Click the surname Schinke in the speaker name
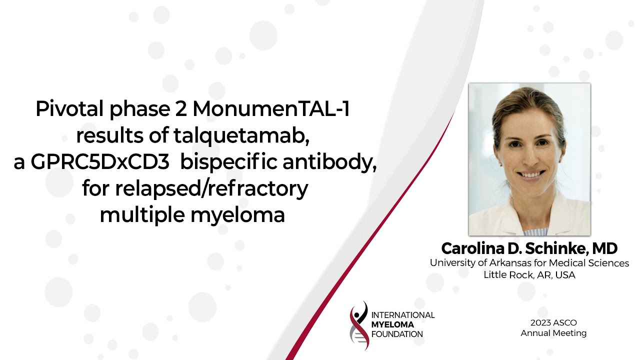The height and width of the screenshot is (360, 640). click(x=553, y=248)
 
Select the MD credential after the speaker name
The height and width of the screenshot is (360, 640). click(x=606, y=248)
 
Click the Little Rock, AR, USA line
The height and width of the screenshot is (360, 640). click(x=529, y=274)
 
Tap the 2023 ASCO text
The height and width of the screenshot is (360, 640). click(x=553, y=322)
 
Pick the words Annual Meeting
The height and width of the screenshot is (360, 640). click(x=553, y=333)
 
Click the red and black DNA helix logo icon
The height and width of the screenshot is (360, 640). click(x=359, y=325)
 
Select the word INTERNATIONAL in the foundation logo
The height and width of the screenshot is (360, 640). click(x=403, y=315)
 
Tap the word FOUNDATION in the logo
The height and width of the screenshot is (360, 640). click(x=397, y=334)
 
